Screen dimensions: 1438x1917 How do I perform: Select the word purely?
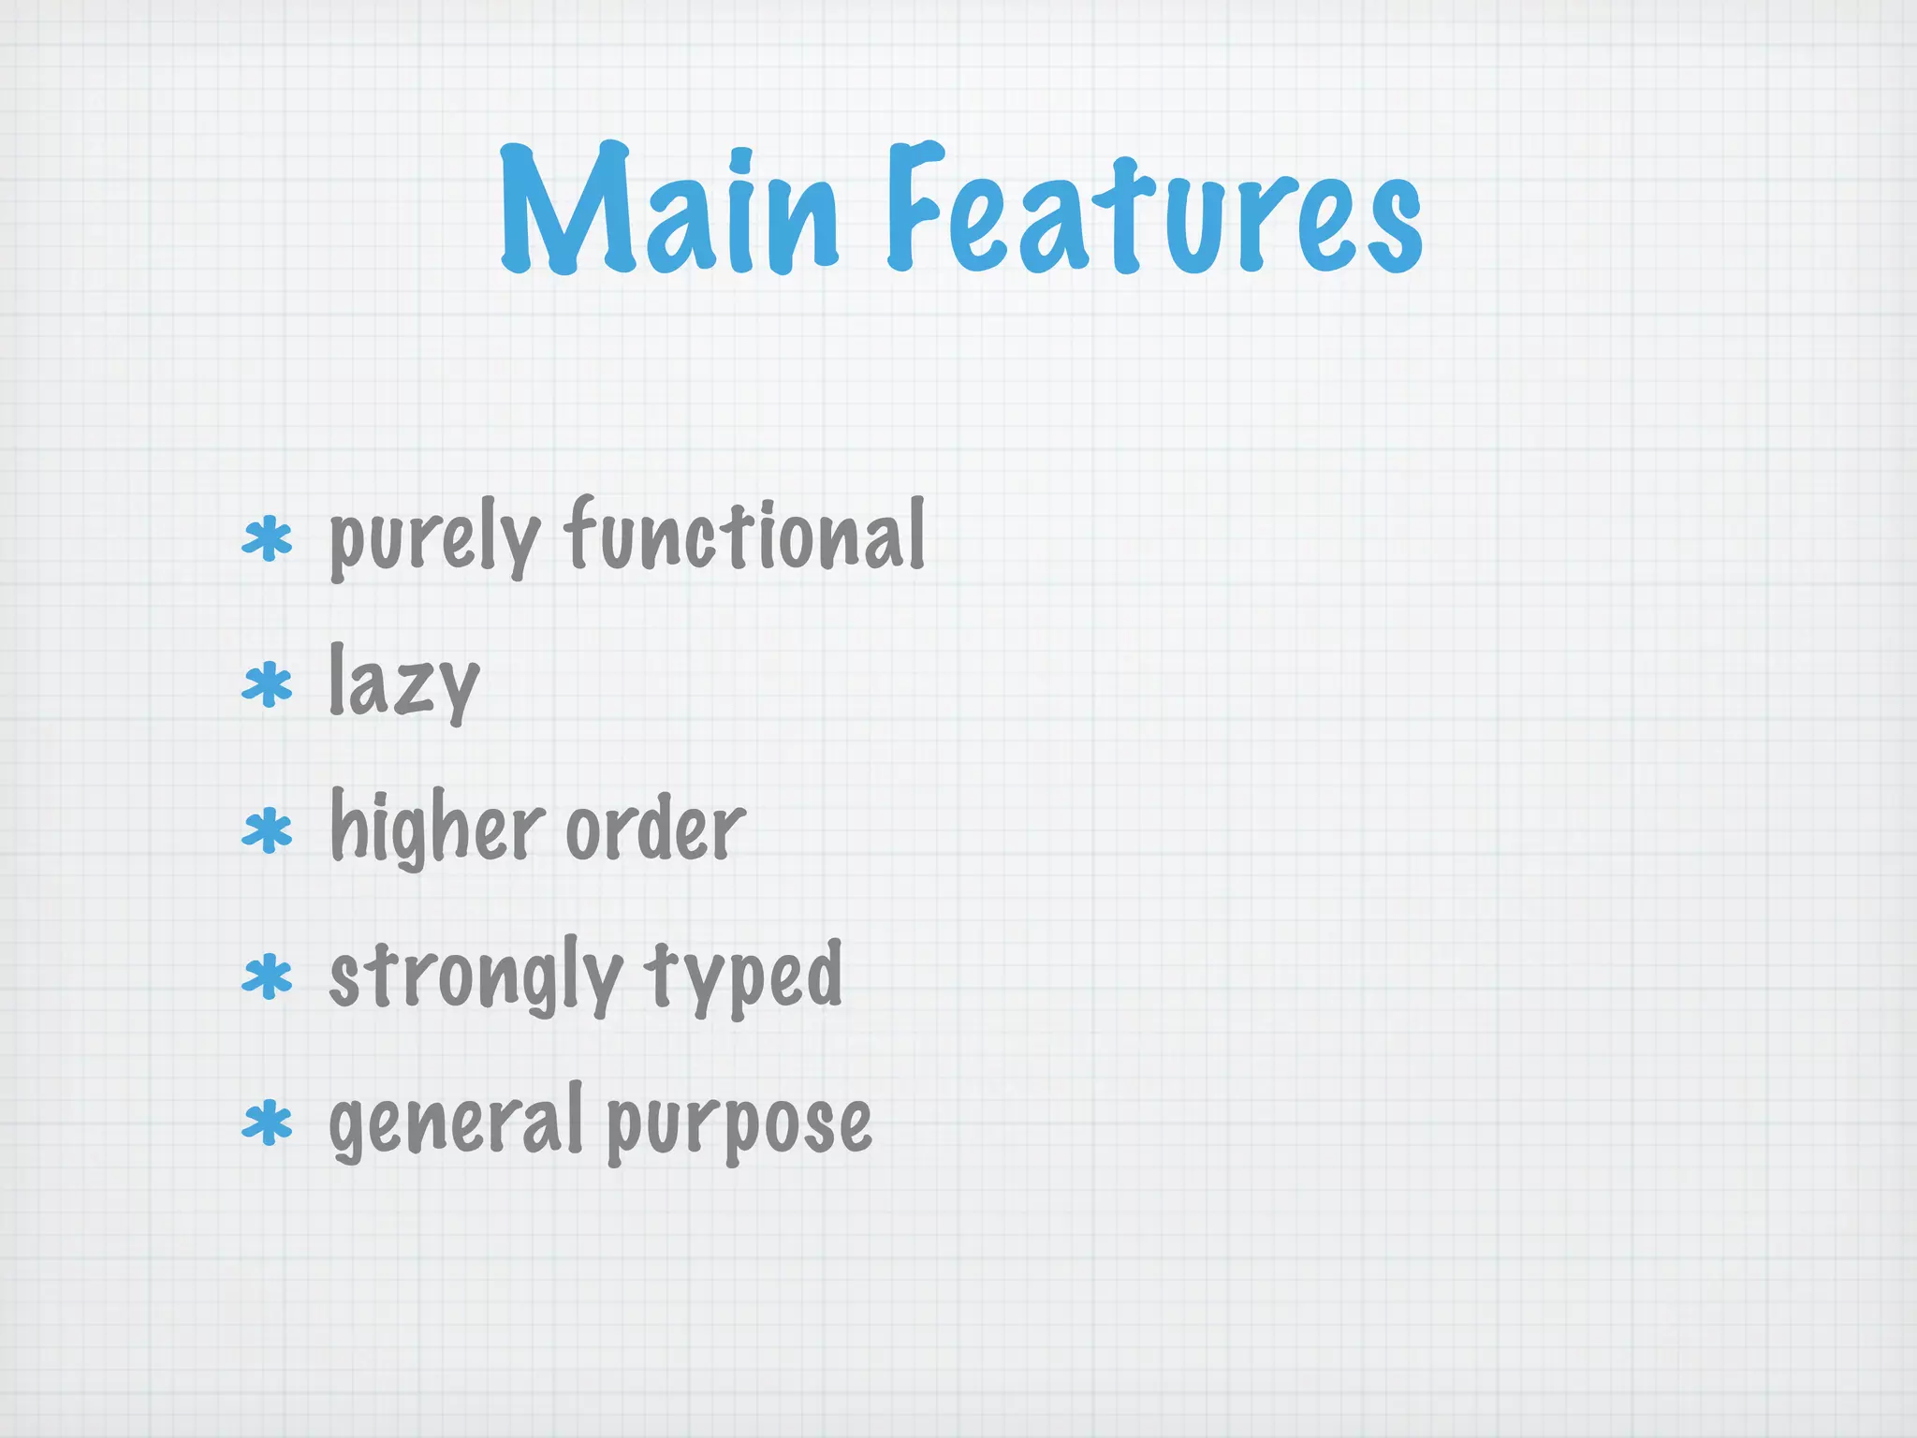[x=434, y=538]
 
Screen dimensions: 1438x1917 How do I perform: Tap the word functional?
[x=745, y=534]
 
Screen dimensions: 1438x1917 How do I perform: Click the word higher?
[x=438, y=829]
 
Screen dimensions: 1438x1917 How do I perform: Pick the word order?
[x=655, y=828]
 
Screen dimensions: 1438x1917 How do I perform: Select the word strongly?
[x=476, y=977]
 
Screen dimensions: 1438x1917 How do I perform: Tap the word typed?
[x=743, y=977]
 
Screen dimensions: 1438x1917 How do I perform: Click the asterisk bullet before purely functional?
[x=267, y=538]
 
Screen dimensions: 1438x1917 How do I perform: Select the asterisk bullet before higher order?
[x=267, y=830]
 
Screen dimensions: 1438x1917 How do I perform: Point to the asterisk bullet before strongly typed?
[x=267, y=976]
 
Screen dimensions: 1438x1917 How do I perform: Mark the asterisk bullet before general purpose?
[x=267, y=1123]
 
